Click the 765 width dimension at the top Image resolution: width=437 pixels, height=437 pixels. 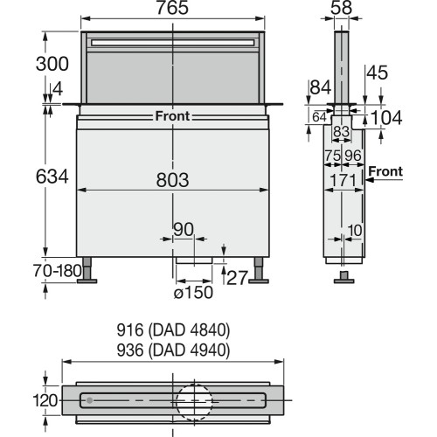(x=172, y=8)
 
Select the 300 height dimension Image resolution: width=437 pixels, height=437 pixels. (x=52, y=64)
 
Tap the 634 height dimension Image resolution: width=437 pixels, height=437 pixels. (x=52, y=177)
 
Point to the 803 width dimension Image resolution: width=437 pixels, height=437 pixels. (x=172, y=180)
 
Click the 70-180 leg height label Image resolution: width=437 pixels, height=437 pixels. (x=58, y=271)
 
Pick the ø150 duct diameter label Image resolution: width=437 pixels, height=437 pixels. (x=193, y=292)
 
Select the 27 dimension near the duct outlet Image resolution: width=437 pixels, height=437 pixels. (x=237, y=278)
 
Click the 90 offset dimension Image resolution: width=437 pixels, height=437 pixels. (x=184, y=229)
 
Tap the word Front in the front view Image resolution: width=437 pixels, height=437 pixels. (x=172, y=116)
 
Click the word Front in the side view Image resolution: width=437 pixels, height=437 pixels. (x=385, y=171)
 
